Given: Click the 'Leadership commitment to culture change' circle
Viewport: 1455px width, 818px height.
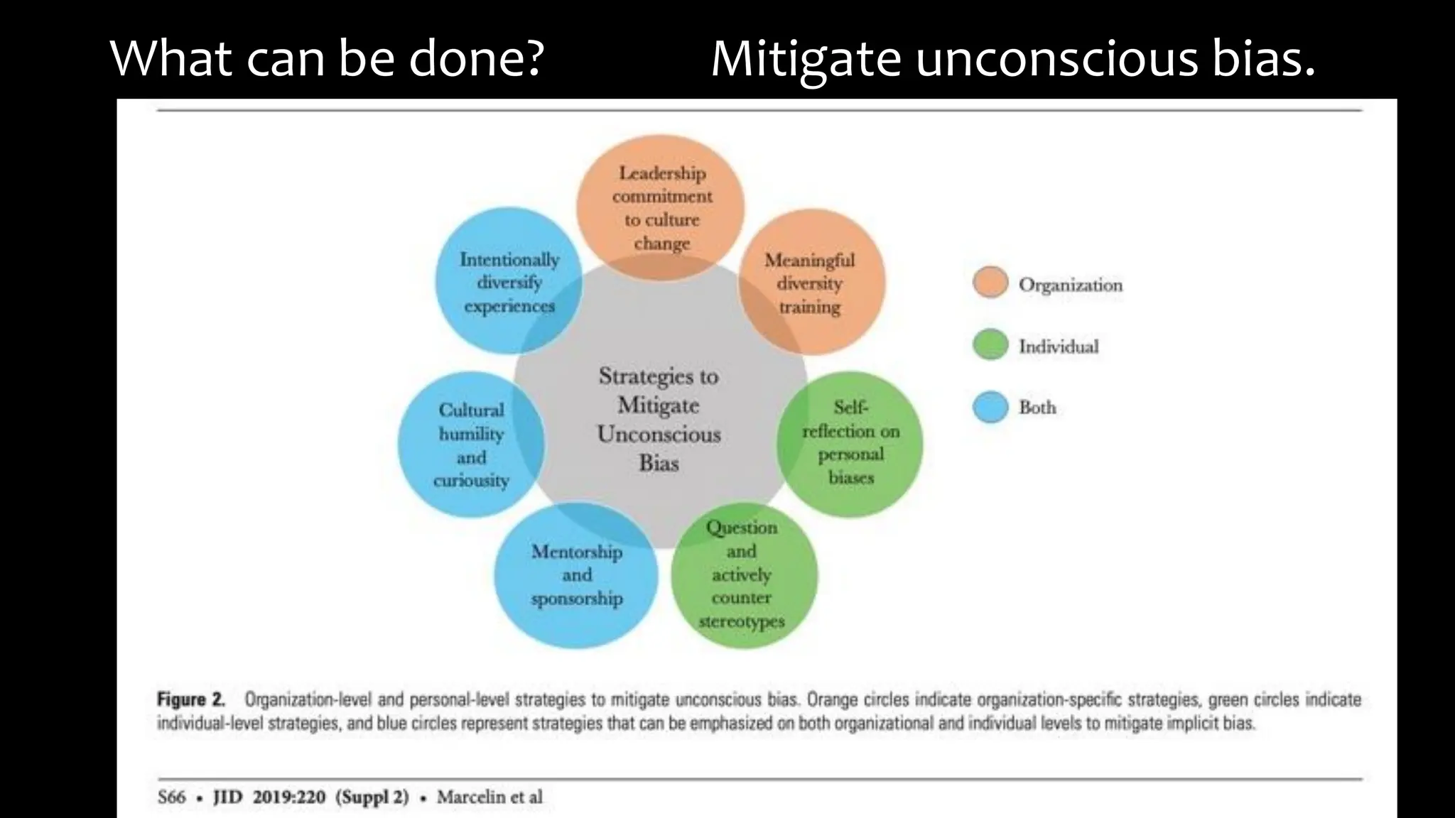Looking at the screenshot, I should (661, 207).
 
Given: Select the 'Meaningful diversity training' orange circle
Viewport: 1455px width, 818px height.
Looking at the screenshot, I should (811, 283).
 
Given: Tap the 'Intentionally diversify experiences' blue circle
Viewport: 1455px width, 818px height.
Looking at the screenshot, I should (509, 282).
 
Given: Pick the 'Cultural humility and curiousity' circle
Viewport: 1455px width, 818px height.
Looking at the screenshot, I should (470, 445).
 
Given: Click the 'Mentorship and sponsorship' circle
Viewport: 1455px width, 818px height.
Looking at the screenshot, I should (576, 575).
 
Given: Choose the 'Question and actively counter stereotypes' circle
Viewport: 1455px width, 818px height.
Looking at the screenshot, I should (743, 574).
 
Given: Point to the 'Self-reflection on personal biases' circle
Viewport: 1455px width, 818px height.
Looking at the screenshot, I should (850, 443).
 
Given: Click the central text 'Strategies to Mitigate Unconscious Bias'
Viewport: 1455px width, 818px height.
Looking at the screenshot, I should (659, 419).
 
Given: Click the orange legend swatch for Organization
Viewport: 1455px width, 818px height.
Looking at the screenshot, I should (990, 283).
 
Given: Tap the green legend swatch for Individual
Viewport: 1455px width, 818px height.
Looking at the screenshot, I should (990, 345).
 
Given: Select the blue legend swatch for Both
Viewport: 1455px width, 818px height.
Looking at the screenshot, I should (990, 407).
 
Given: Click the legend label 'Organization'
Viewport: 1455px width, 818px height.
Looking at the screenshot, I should (1070, 285).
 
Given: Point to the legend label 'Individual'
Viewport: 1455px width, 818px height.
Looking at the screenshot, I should (1059, 347).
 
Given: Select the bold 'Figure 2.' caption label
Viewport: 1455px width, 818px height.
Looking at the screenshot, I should (190, 699).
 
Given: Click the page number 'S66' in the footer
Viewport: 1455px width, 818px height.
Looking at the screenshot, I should (171, 797).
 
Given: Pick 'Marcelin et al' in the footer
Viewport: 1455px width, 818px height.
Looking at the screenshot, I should (489, 797).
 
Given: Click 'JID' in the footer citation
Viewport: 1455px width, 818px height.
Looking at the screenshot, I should (227, 797).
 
